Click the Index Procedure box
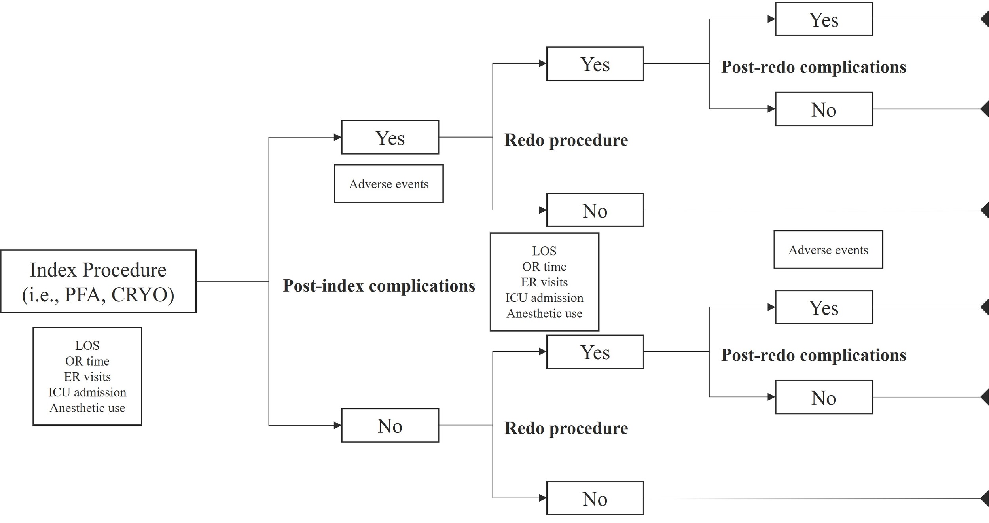pyautogui.click(x=98, y=281)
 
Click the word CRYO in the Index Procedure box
pyautogui.click(x=142, y=295)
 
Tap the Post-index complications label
pyautogui.click(x=379, y=286)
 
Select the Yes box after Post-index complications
pyautogui.click(x=390, y=138)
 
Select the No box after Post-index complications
pyautogui.click(x=390, y=426)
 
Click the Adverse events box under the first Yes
pyautogui.click(x=388, y=184)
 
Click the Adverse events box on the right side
pyautogui.click(x=828, y=250)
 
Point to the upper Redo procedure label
pyautogui.click(x=566, y=140)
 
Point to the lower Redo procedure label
pyautogui.click(x=566, y=428)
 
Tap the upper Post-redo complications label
pyautogui.click(x=813, y=67)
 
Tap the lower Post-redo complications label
pyautogui.click(x=813, y=355)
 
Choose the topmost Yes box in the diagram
pyautogui.click(x=823, y=19)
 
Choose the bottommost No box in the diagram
pyautogui.click(x=595, y=498)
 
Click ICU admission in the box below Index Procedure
pyautogui.click(x=87, y=392)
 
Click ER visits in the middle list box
pyautogui.click(x=544, y=282)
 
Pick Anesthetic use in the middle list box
pyautogui.click(x=544, y=313)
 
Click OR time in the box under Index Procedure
pyautogui.click(x=87, y=361)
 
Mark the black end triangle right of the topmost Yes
pyautogui.click(x=985, y=19)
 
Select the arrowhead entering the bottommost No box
pyautogui.click(x=543, y=498)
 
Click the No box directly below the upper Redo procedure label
pyautogui.click(x=595, y=210)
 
